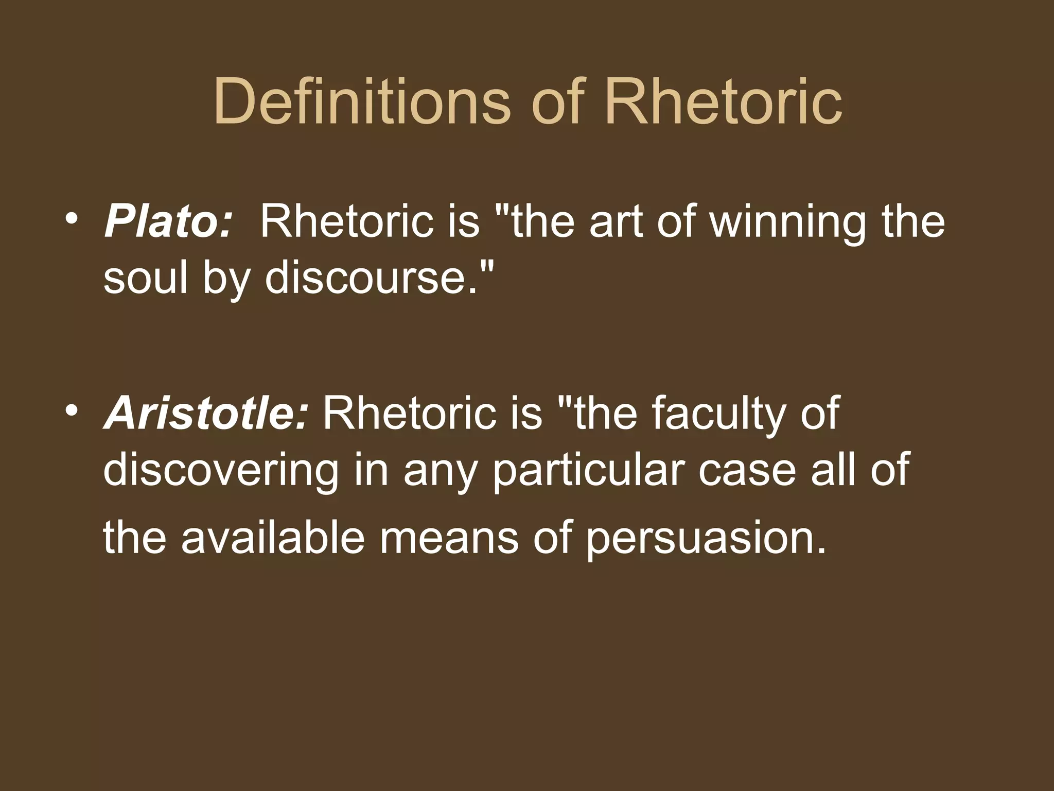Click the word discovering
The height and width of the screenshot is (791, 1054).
point(221,471)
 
